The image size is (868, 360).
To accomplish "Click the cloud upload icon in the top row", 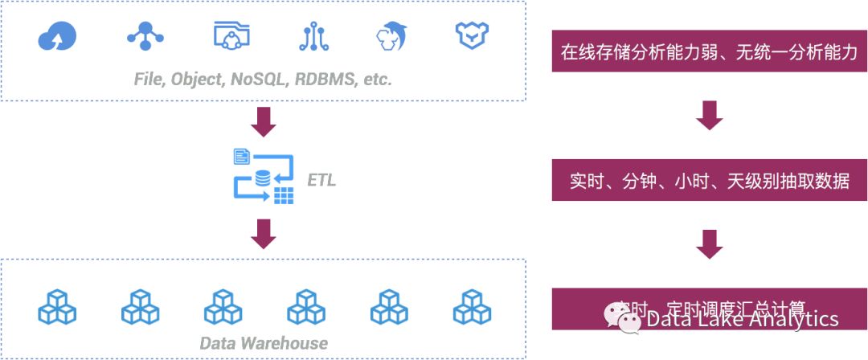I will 57,35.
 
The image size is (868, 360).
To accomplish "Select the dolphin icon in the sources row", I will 393,35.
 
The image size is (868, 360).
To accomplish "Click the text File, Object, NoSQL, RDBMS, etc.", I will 263,80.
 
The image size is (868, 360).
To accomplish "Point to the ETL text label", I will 321,180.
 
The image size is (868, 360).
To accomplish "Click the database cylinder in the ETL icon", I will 263,178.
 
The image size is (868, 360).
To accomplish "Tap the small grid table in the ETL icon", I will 283,195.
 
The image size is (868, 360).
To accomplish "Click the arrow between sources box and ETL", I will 264,121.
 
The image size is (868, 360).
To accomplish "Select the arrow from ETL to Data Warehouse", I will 264,233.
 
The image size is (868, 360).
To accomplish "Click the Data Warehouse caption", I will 264,343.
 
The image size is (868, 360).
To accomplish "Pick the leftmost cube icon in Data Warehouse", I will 57,306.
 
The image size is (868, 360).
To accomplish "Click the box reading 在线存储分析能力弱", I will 709,52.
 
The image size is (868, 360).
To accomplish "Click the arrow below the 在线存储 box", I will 709,115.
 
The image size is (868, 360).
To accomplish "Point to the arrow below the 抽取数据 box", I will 709,243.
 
